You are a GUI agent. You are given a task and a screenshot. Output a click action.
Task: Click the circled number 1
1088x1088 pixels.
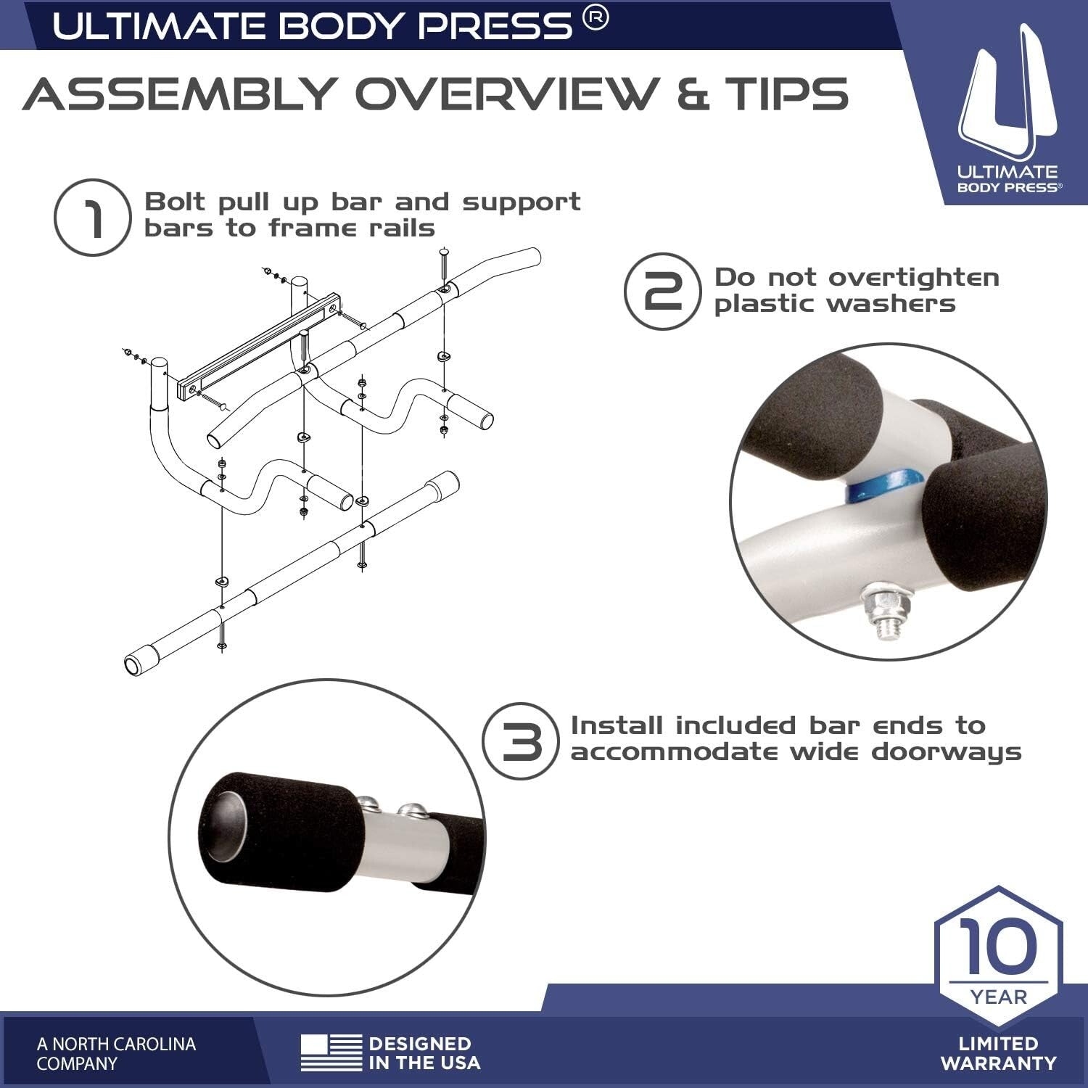(92, 218)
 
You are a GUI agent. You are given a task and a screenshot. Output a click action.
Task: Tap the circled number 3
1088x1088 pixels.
(520, 741)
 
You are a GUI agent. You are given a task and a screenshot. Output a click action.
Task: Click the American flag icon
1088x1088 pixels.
(331, 1053)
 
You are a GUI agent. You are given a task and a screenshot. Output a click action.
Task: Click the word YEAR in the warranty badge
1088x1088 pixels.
(999, 997)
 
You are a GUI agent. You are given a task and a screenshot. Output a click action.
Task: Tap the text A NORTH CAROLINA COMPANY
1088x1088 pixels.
(116, 1054)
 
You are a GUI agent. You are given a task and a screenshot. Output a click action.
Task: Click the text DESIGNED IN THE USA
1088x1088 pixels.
(424, 1054)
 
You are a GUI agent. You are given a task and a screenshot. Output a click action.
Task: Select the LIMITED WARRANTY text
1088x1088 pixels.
(998, 1054)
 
